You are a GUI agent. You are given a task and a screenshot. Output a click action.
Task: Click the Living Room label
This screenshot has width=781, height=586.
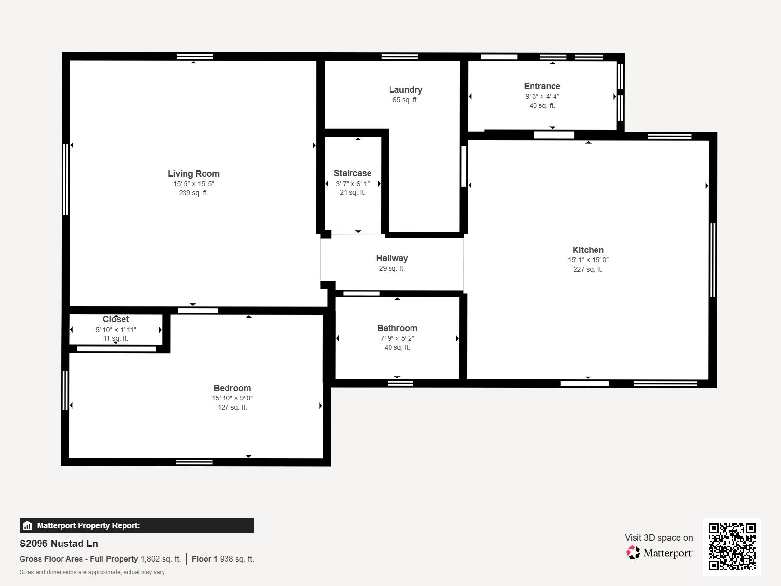tap(194, 174)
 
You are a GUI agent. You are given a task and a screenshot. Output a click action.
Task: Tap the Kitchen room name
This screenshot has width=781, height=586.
tap(588, 250)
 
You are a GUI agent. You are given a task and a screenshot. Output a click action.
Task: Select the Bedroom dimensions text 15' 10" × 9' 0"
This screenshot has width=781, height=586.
tap(232, 398)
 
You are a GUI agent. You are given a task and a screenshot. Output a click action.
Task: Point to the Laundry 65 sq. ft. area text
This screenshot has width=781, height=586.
tap(405, 100)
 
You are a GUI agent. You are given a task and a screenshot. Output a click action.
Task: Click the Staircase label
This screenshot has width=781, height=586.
tap(352, 173)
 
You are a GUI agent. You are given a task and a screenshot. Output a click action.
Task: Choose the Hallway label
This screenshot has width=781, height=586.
tap(392, 258)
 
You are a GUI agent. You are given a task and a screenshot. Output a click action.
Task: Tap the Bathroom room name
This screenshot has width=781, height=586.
tap(397, 328)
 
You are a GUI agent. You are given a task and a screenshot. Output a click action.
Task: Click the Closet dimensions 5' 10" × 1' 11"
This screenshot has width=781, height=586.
tap(116, 330)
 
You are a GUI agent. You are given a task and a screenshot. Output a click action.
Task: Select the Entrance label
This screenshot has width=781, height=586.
tap(542, 86)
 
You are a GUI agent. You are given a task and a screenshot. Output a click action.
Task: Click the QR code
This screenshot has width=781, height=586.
tap(732, 546)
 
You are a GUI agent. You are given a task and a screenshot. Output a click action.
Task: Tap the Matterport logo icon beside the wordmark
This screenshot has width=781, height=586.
tap(633, 553)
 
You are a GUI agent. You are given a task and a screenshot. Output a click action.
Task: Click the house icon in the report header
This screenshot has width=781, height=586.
tap(27, 525)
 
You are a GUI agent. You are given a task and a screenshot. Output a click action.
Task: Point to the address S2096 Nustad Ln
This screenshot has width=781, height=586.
tap(59, 544)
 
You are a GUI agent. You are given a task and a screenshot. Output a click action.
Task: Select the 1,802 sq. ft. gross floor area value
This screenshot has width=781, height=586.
tap(161, 559)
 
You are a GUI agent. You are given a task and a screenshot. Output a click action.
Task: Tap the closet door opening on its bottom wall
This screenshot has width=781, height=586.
tap(116, 349)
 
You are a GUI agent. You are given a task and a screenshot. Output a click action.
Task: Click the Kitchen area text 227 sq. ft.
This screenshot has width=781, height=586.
tap(588, 270)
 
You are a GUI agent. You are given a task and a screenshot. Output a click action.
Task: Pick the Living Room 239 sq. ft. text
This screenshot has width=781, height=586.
tap(194, 193)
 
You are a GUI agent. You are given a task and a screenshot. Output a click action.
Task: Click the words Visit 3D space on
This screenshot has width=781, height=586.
tap(658, 538)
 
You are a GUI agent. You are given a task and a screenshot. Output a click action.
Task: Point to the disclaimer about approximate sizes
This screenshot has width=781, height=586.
tap(92, 572)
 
